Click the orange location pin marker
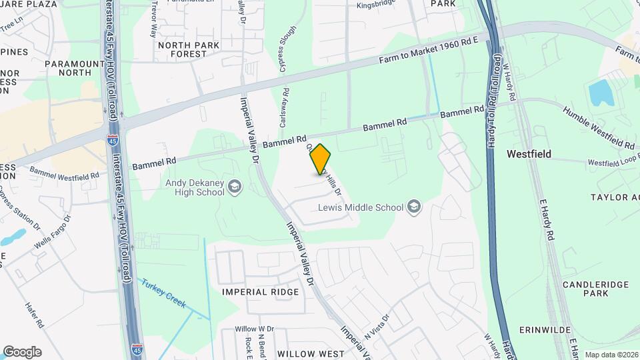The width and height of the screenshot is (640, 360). pos(321,159)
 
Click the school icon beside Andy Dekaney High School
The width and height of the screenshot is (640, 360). pos(234,187)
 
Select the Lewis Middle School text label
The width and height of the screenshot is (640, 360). pos(361,207)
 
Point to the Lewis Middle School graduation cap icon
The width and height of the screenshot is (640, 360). pos(414,207)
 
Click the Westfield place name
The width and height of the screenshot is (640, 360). pos(529,153)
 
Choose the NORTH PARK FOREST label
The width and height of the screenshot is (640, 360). pos(188,49)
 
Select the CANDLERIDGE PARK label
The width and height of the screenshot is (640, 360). pos(595,289)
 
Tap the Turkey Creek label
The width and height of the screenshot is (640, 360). pos(164,293)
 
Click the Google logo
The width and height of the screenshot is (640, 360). pos(22,352)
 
